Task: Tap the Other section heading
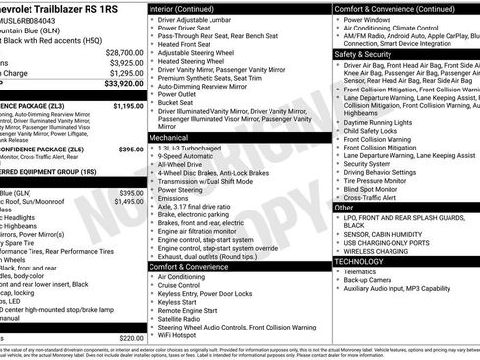pyautogui.click(x=343, y=208)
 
